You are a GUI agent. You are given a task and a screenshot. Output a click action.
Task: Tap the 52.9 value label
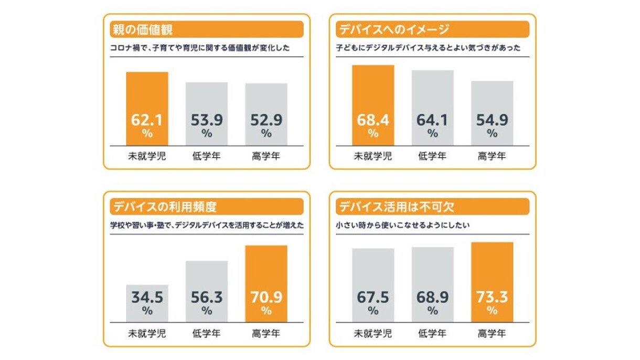[266, 120]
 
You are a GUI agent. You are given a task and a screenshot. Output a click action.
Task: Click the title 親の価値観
[143, 29]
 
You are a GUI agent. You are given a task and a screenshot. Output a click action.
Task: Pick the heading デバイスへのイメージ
[393, 29]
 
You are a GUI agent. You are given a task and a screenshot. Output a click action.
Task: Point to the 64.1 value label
[432, 120]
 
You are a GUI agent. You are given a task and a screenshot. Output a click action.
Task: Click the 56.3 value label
[207, 298]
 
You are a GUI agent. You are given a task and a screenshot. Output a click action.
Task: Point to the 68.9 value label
[432, 298]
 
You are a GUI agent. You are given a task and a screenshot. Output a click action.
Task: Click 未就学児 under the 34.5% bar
[147, 333]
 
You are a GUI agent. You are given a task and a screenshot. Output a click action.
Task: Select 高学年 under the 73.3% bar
[492, 333]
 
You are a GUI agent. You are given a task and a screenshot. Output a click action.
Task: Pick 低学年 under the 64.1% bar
[432, 156]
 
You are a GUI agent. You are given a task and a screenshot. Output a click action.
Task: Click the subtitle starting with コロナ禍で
[200, 48]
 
